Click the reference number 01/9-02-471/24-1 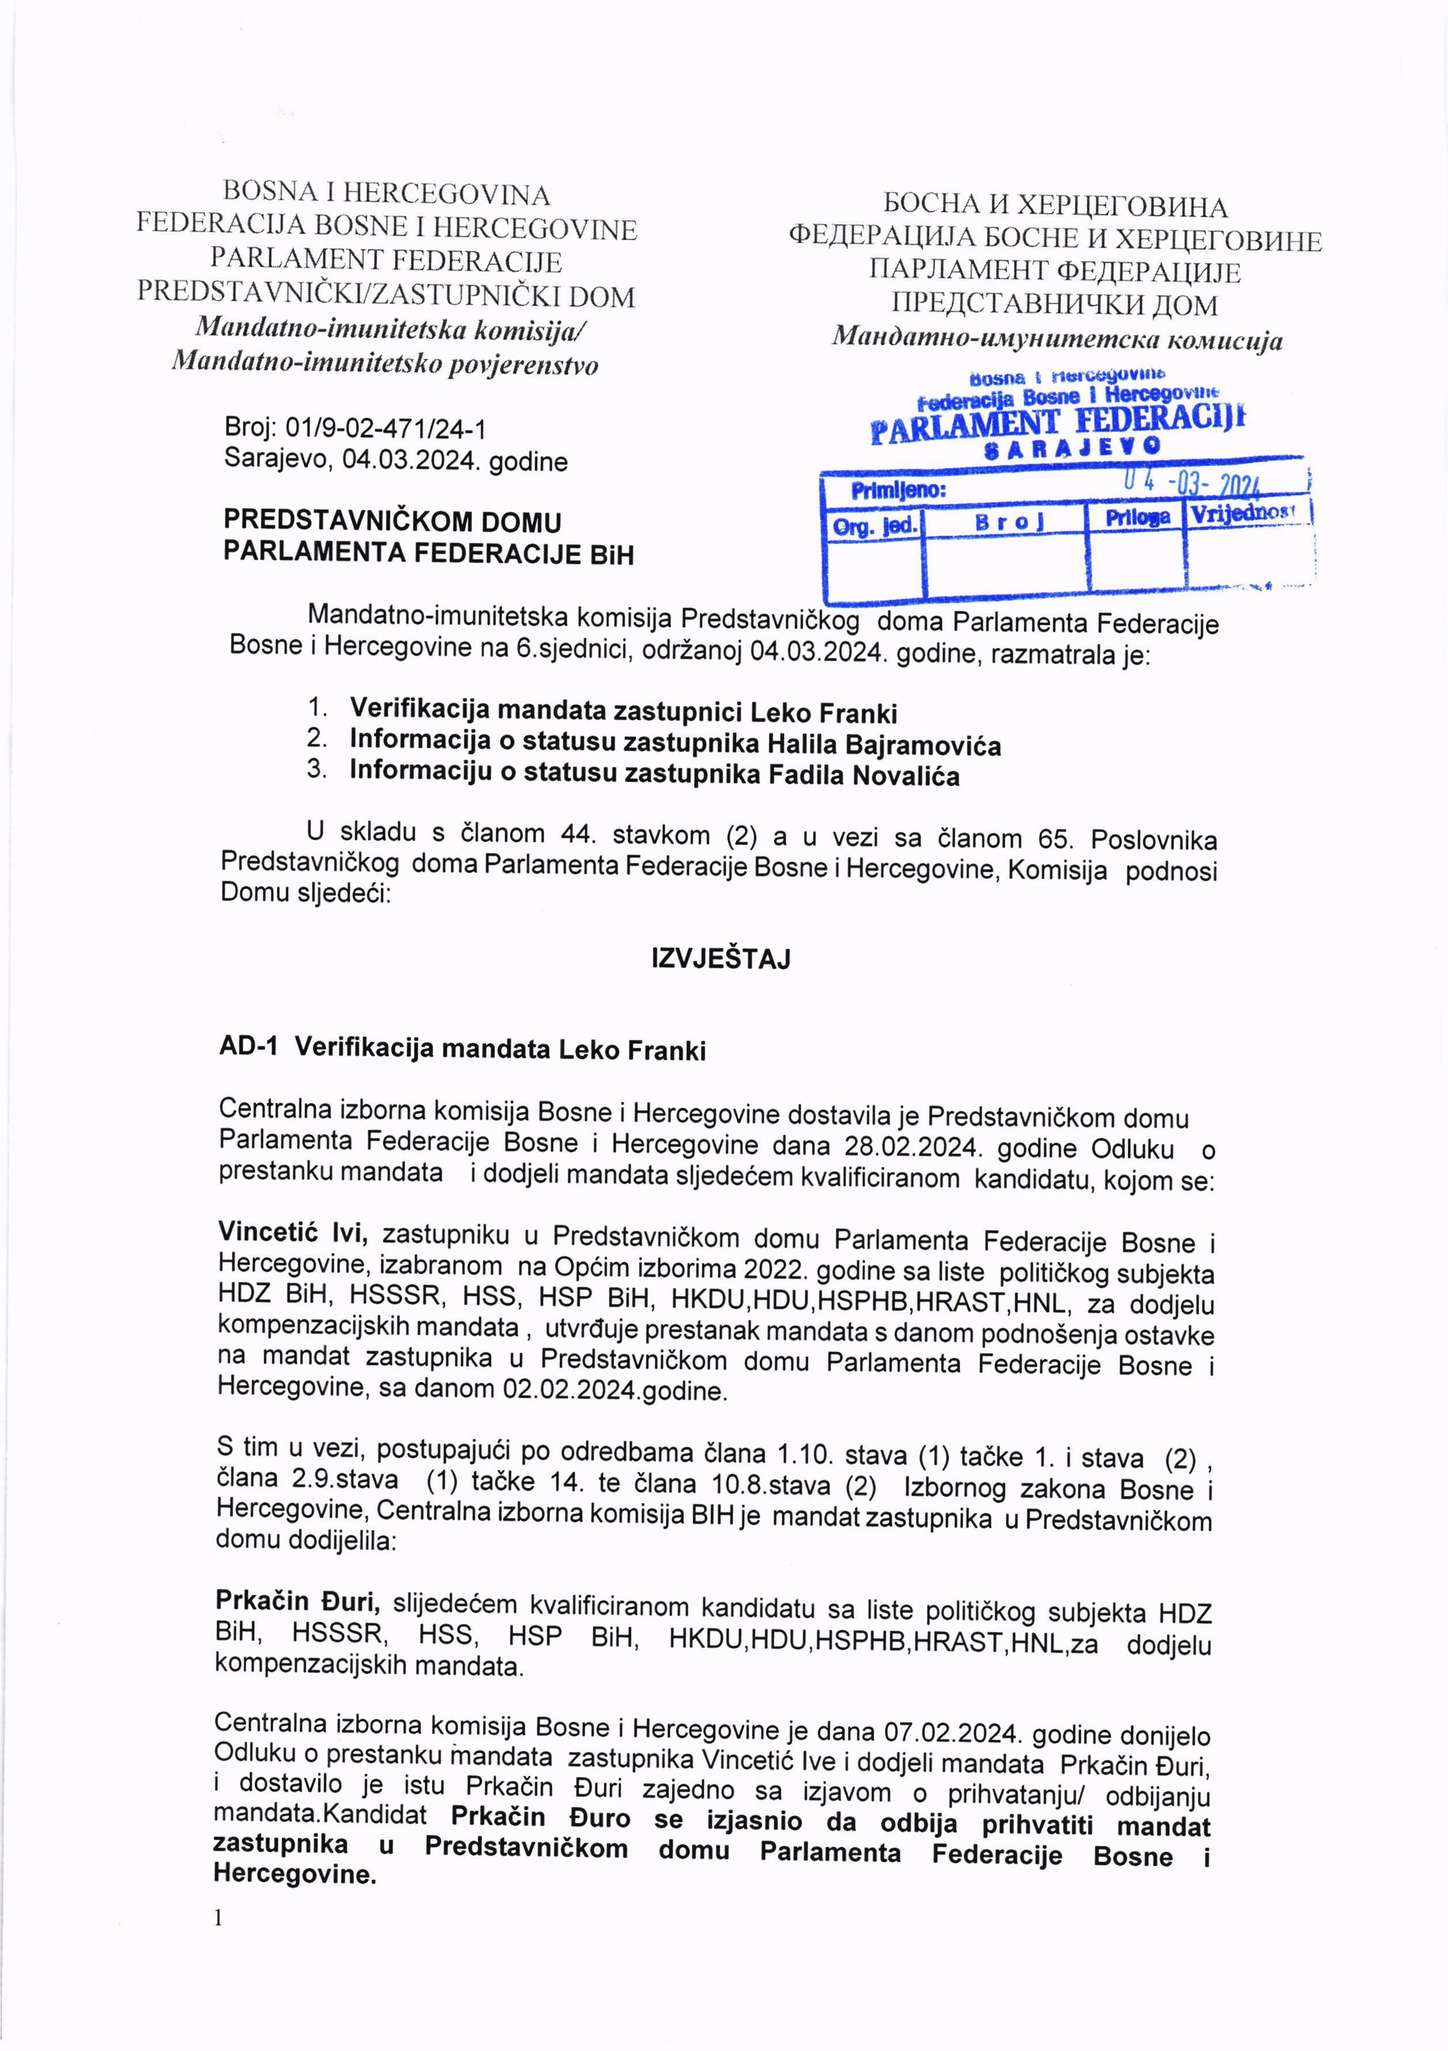[x=384, y=430]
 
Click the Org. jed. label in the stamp [x=874, y=526]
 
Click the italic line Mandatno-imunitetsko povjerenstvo [x=385, y=364]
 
